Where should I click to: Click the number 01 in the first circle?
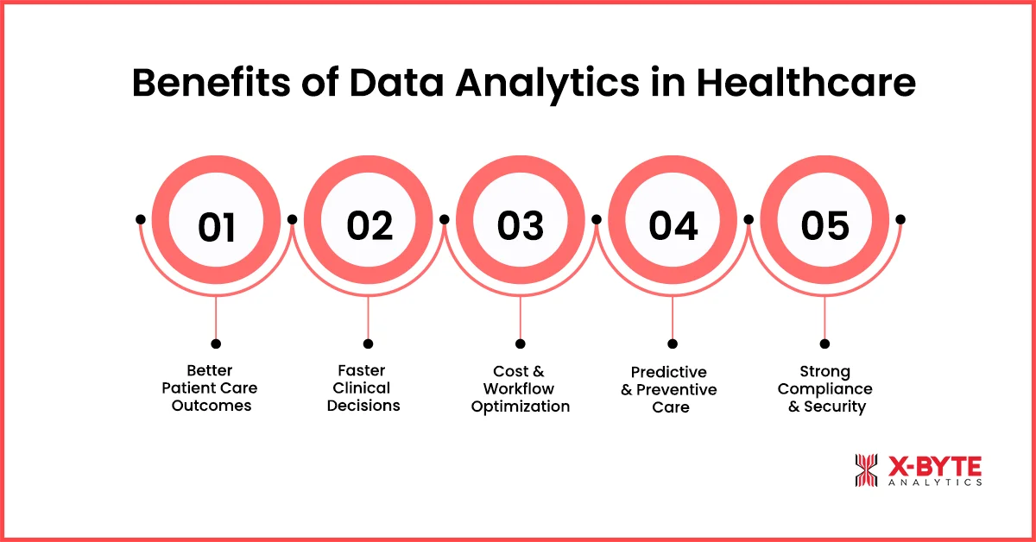(x=216, y=227)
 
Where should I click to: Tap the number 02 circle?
(x=369, y=225)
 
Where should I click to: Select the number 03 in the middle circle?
(x=521, y=225)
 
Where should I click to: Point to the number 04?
(x=673, y=225)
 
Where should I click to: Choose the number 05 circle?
(x=825, y=225)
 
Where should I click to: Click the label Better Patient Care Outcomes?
(x=211, y=388)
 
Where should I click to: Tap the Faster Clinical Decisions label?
(x=363, y=388)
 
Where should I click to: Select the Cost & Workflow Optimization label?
(x=520, y=388)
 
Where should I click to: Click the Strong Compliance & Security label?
(x=824, y=388)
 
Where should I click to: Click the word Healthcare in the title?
(x=806, y=85)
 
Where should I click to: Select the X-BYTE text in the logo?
(x=935, y=466)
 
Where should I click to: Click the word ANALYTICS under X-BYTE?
(x=935, y=483)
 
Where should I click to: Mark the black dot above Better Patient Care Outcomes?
(x=216, y=343)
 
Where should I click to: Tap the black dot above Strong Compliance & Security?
(x=825, y=343)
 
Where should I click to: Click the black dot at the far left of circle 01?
(x=140, y=219)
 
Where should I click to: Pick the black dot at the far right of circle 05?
(x=900, y=219)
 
